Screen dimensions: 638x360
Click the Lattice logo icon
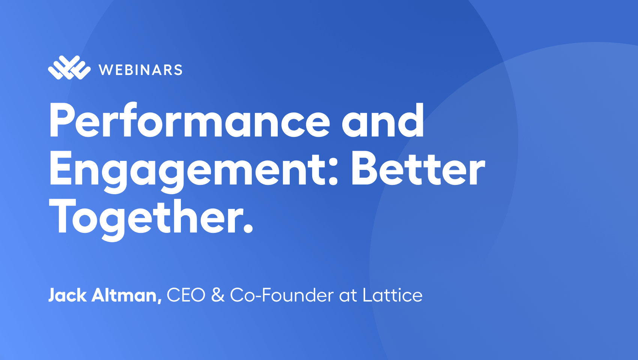(69, 68)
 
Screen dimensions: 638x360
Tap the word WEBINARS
(141, 70)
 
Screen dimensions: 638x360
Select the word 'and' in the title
(383, 120)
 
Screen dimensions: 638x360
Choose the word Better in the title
(418, 168)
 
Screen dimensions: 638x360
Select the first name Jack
(67, 295)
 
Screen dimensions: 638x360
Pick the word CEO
(186, 295)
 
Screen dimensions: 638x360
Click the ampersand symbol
(218, 295)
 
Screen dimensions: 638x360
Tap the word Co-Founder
(282, 295)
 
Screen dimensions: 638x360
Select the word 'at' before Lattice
(348, 296)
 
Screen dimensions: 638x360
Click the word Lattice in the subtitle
(393, 295)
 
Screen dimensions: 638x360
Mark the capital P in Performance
(61, 120)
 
